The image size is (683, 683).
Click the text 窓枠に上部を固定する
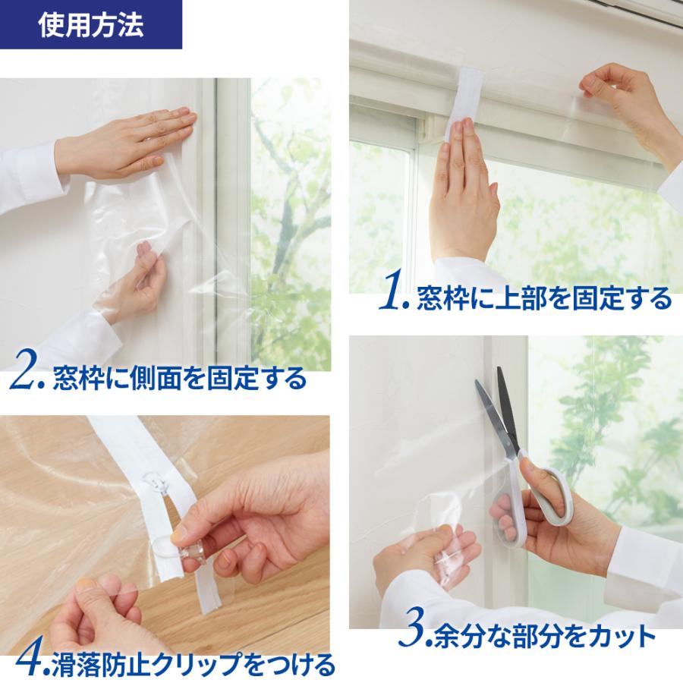click(x=543, y=298)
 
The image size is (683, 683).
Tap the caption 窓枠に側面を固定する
click(x=179, y=377)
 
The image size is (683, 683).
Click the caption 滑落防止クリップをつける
click(x=193, y=665)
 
